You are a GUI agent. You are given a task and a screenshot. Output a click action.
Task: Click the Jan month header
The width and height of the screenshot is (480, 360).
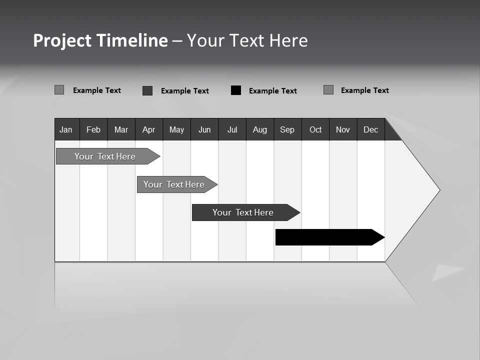(x=66, y=129)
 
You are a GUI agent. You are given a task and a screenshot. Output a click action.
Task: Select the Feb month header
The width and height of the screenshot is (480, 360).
(x=93, y=129)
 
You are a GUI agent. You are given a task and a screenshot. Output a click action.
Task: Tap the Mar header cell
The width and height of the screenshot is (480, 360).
(x=121, y=129)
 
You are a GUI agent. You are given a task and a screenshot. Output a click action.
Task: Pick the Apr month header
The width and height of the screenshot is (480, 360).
(x=149, y=129)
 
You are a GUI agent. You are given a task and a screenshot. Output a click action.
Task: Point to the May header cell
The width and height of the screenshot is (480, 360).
(x=176, y=129)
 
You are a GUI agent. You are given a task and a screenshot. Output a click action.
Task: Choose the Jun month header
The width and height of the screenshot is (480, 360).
(x=204, y=129)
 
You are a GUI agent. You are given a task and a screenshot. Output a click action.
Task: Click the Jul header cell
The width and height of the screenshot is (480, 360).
(x=232, y=129)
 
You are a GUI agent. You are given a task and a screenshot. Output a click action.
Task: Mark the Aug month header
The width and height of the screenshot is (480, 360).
(x=260, y=129)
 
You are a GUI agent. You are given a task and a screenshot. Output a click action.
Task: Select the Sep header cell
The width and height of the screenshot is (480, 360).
(x=287, y=129)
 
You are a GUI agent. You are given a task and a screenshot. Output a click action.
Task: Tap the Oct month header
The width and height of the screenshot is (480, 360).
(x=315, y=129)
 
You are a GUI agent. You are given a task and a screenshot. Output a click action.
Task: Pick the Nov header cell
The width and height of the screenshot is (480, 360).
(x=343, y=129)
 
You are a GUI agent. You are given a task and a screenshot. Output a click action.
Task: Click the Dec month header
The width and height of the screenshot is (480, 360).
(x=371, y=129)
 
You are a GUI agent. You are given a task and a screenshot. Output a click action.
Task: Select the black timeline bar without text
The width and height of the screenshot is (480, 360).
(x=327, y=237)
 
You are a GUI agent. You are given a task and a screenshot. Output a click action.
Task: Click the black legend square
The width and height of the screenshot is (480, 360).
(x=236, y=90)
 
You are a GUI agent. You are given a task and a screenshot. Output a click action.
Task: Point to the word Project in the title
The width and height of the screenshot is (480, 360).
(x=62, y=40)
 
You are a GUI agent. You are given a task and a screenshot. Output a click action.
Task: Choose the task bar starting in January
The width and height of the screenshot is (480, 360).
(x=105, y=156)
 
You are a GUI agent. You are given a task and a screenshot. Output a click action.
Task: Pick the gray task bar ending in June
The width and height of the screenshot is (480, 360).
(x=174, y=184)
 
